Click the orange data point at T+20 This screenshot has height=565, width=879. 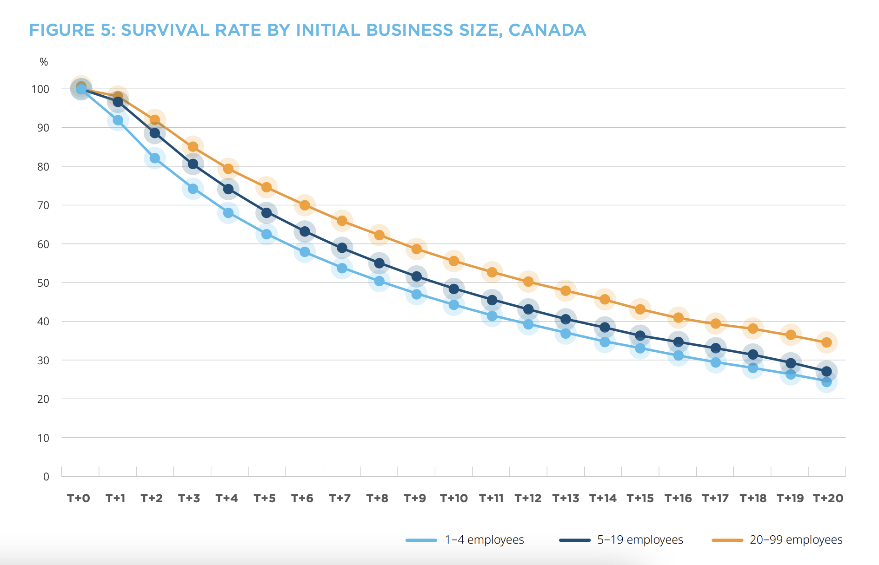826,342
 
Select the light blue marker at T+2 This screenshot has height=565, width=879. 155,158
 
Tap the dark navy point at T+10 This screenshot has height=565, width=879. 454,289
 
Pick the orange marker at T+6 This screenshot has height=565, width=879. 305,205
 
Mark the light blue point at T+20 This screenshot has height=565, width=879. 826,382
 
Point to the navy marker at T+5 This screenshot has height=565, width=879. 266,213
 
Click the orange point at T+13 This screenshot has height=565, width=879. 566,290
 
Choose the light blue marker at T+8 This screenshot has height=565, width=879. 379,281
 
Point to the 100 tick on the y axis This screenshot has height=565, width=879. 40,89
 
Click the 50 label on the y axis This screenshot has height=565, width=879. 43,283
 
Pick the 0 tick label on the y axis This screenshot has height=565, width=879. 46,477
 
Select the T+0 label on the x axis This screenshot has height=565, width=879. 78,499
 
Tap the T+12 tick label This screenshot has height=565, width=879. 528,499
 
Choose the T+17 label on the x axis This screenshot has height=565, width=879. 715,499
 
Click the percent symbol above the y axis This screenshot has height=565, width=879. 44,62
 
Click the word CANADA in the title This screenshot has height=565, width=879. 547,30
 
